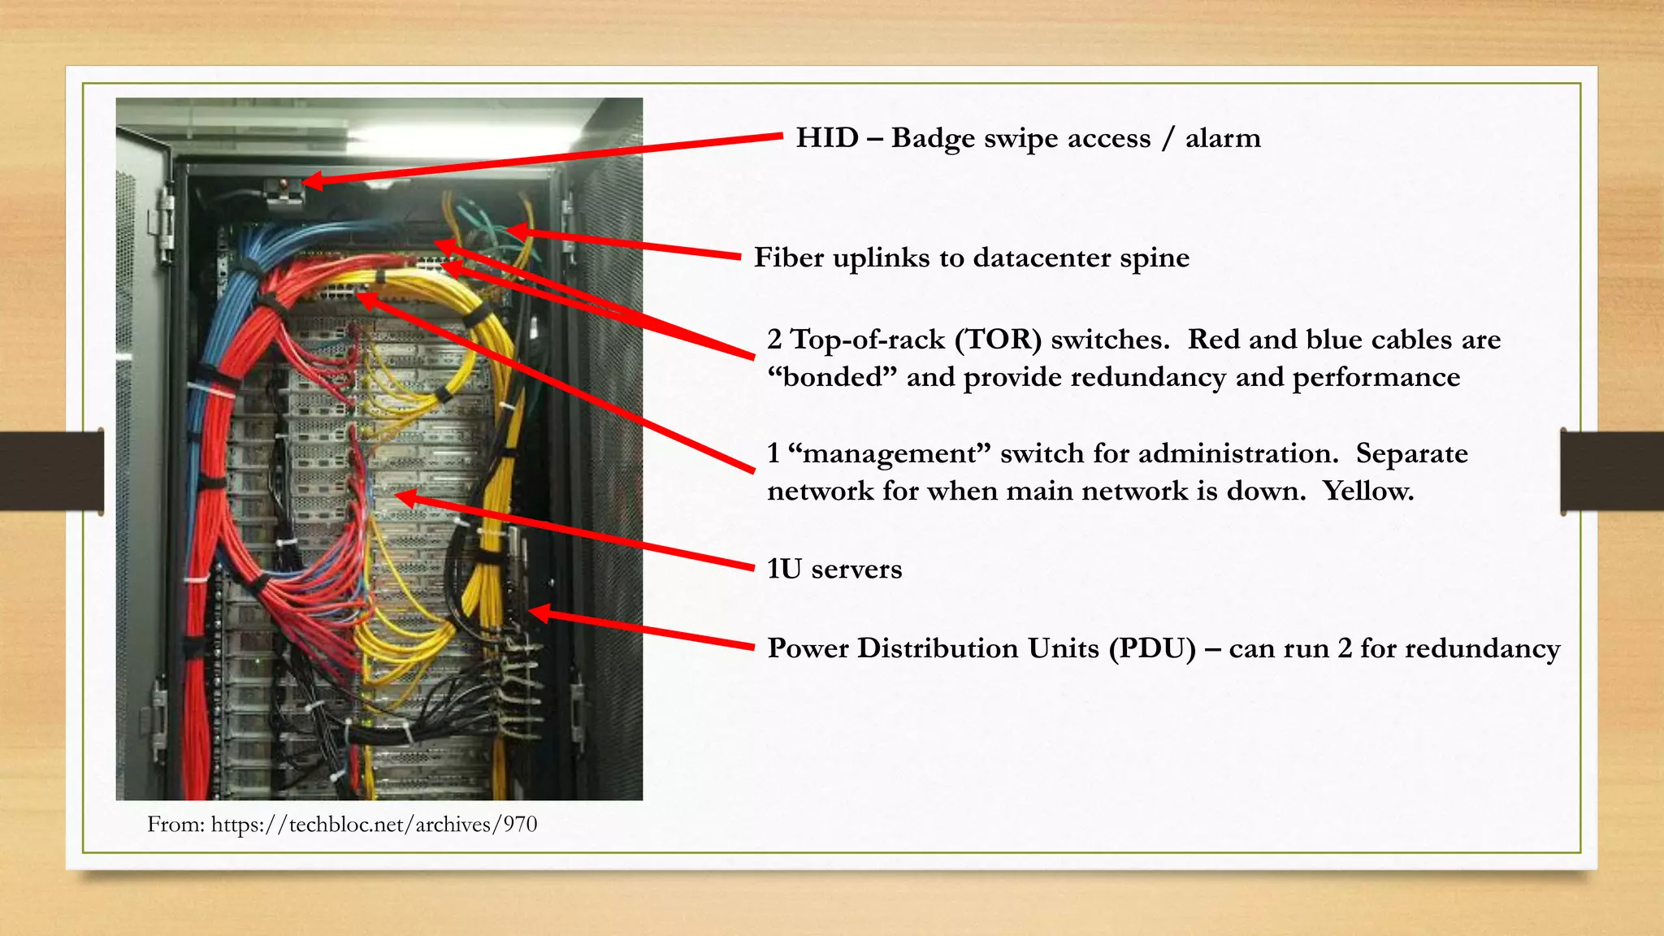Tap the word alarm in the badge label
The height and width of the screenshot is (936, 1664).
[x=1223, y=138]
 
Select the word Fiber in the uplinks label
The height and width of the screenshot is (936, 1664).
[x=783, y=258]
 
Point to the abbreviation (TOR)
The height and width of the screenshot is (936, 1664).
[x=998, y=340]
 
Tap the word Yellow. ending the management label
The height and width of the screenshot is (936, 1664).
[x=1368, y=491]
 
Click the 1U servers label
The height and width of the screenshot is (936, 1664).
[x=834, y=569]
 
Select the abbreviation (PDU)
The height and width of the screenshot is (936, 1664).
[x=1153, y=648]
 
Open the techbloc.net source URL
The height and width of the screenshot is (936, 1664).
[x=374, y=825]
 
